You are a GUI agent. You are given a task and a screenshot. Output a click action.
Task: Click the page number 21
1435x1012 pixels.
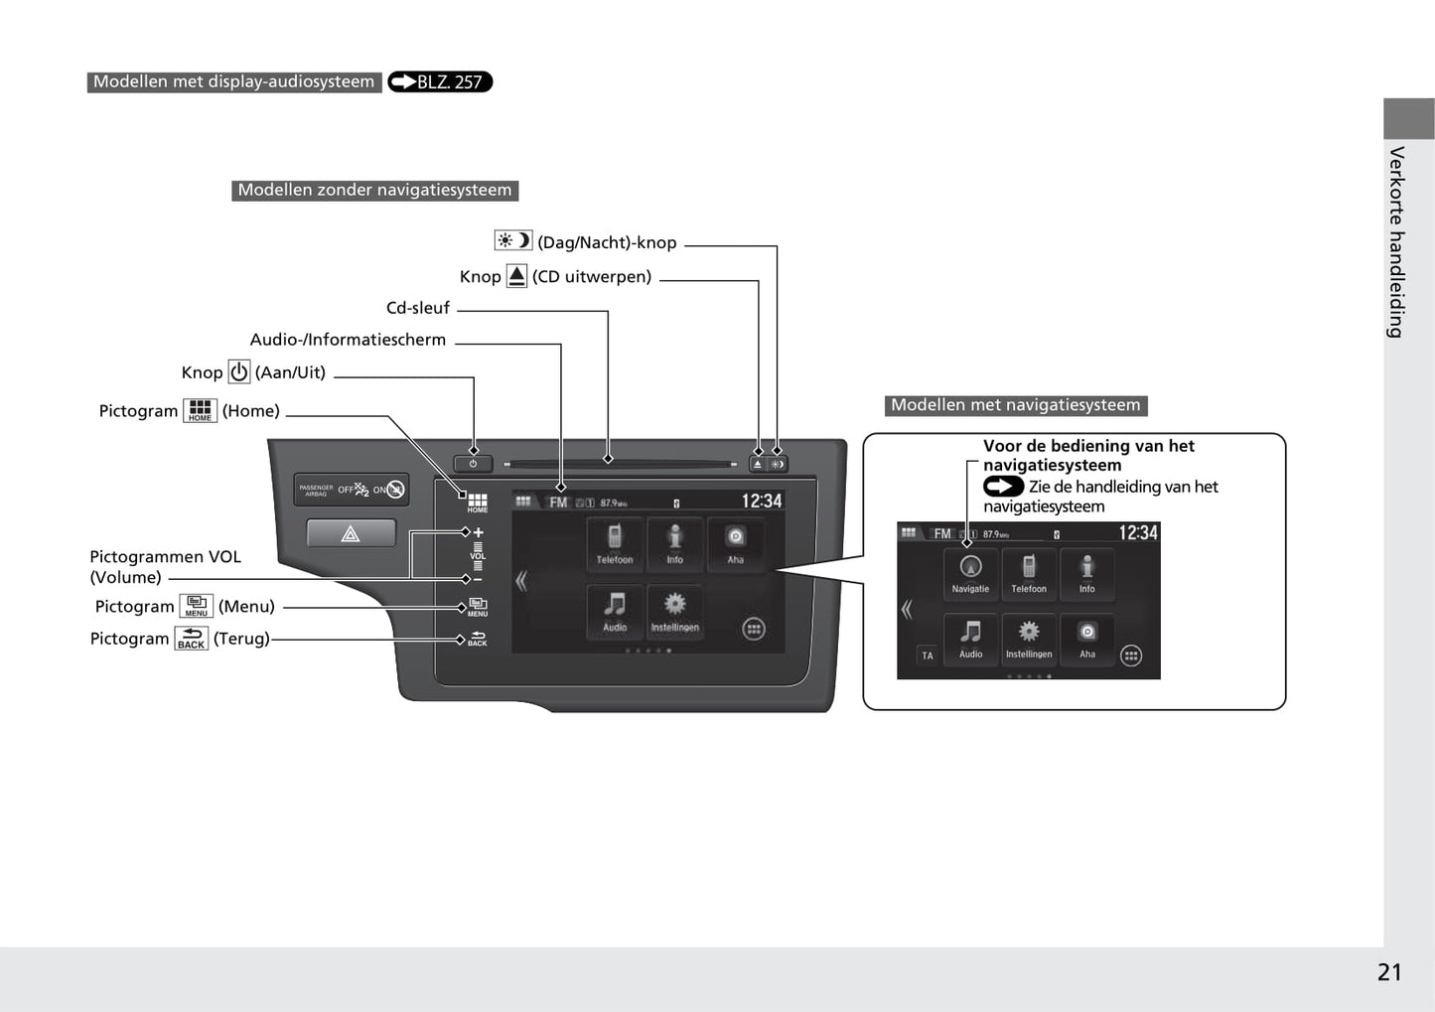[x=1389, y=972]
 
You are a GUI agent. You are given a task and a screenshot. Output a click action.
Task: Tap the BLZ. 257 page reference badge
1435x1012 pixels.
[x=440, y=82]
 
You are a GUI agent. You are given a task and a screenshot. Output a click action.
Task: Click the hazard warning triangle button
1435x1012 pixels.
[x=351, y=534]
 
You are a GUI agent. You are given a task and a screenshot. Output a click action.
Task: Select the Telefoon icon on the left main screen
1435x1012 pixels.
[x=615, y=542]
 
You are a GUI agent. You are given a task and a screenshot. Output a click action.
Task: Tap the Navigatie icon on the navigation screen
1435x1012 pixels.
[x=970, y=572]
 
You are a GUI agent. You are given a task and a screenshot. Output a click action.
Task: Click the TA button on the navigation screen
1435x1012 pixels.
[x=928, y=655]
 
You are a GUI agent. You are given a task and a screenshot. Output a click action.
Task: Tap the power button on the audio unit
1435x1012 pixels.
[x=473, y=464]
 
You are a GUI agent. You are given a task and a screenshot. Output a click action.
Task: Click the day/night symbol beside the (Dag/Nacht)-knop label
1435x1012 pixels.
[x=513, y=240]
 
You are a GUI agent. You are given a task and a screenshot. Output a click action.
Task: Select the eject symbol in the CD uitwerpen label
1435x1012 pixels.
[x=516, y=276]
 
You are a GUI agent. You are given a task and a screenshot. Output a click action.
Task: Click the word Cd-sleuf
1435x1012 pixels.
[x=418, y=308]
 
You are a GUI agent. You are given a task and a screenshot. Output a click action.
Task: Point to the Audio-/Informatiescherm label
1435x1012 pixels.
[x=348, y=340]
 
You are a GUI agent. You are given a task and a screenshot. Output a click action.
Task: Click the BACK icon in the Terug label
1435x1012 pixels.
[x=191, y=639]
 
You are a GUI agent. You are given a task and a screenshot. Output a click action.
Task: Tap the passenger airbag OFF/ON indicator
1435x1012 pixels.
[x=352, y=490]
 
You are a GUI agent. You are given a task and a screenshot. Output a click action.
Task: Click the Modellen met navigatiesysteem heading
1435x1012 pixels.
[x=1015, y=405]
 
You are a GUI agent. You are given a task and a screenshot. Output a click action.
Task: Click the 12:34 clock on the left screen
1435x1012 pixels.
[x=761, y=502]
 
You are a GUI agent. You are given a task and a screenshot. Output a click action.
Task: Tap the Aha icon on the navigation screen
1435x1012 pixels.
[x=1087, y=637]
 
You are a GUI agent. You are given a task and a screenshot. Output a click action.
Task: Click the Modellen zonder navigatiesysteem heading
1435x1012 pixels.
[x=374, y=190]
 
